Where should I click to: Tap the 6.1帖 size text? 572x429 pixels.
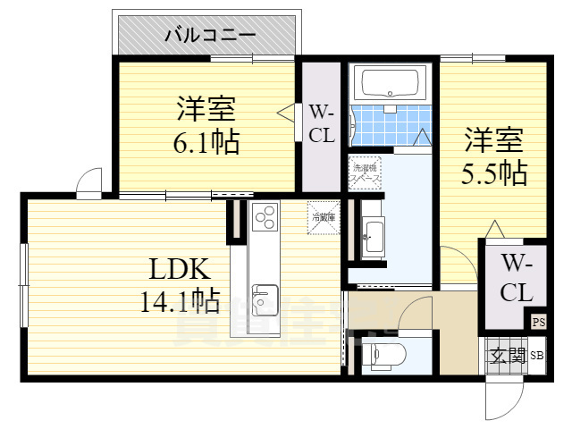pos(206,141)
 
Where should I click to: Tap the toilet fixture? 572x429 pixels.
pos(388,356)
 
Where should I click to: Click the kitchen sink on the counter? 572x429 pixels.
pos(265,296)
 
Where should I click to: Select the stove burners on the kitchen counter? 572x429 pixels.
pos(265,218)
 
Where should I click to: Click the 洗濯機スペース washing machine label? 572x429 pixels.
pos(366,172)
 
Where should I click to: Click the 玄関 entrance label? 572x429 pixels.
pos(506,356)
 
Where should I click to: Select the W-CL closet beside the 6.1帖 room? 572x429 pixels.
pos(321,124)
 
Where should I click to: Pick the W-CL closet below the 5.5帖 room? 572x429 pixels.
pos(516,278)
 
